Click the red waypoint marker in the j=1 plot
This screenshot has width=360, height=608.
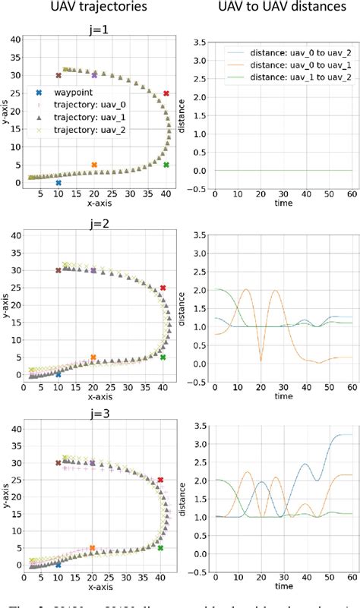tap(166, 93)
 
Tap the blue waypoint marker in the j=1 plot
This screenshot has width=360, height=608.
tap(58, 183)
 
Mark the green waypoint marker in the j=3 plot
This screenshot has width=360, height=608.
tap(160, 547)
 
